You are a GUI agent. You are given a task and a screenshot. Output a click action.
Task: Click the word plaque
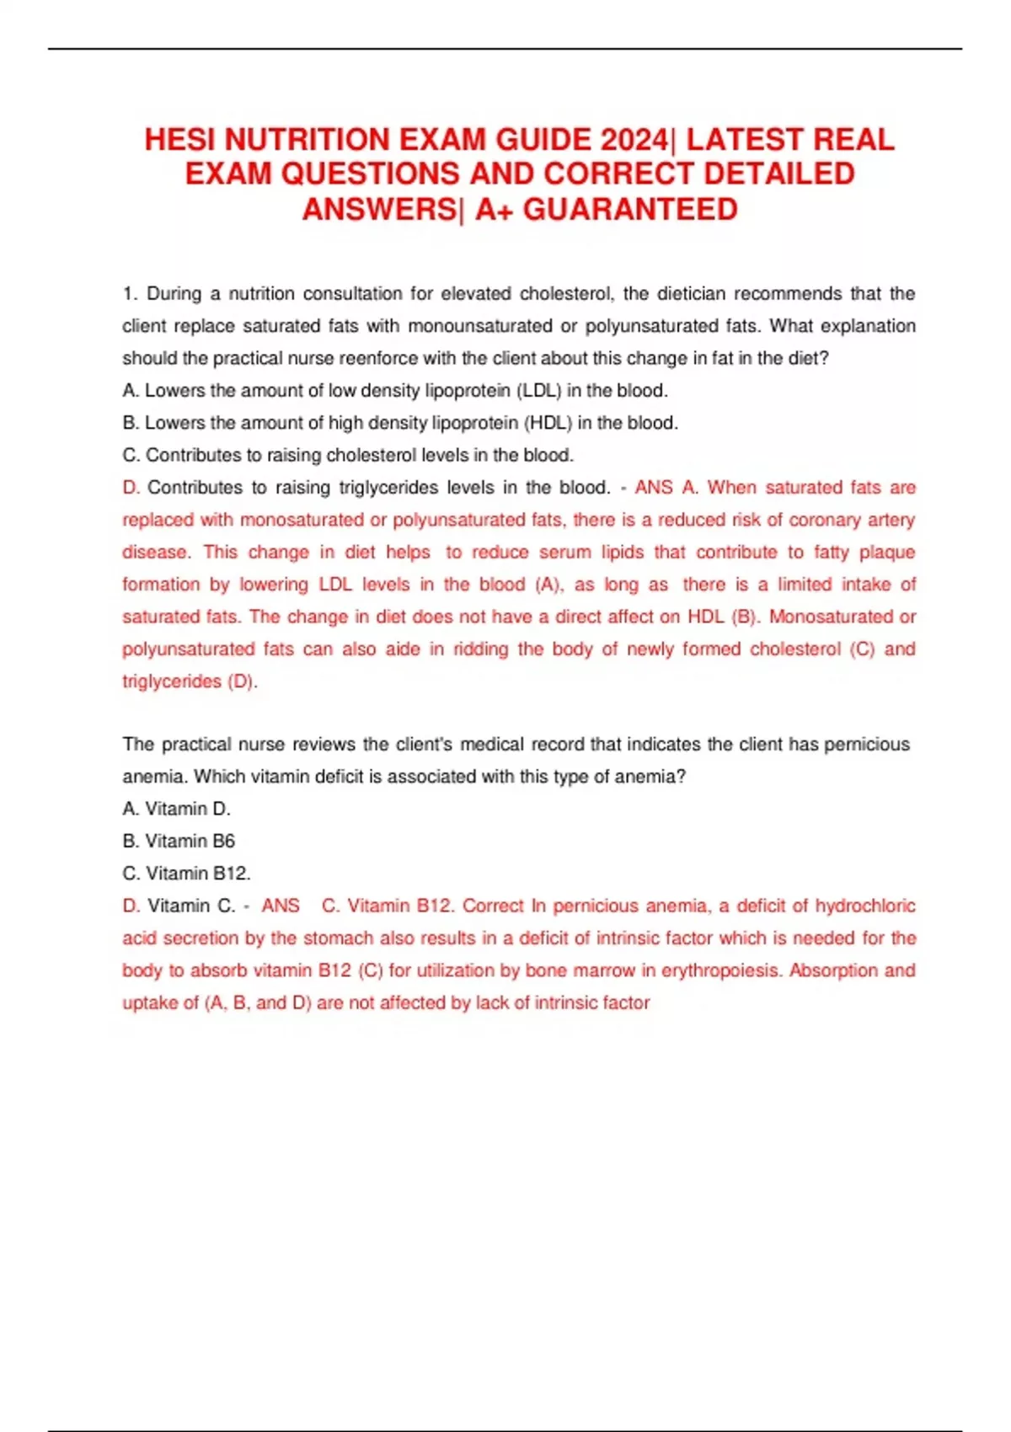(x=887, y=552)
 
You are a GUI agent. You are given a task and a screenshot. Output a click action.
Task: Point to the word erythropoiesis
(x=722, y=970)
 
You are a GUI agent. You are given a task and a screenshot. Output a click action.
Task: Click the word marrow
(x=604, y=970)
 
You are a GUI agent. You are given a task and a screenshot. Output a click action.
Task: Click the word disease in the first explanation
(x=156, y=552)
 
